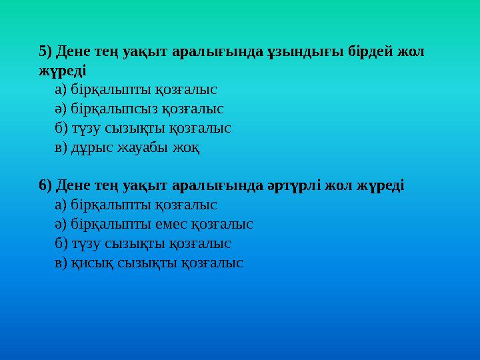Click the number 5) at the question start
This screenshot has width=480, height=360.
[x=46, y=51]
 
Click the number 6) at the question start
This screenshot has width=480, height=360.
[x=46, y=185]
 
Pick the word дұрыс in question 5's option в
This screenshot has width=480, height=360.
[x=90, y=147]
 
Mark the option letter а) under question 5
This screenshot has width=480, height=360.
[x=60, y=89]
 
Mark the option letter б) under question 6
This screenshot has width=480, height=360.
[x=60, y=243]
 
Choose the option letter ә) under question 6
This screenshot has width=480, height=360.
[x=60, y=224]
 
